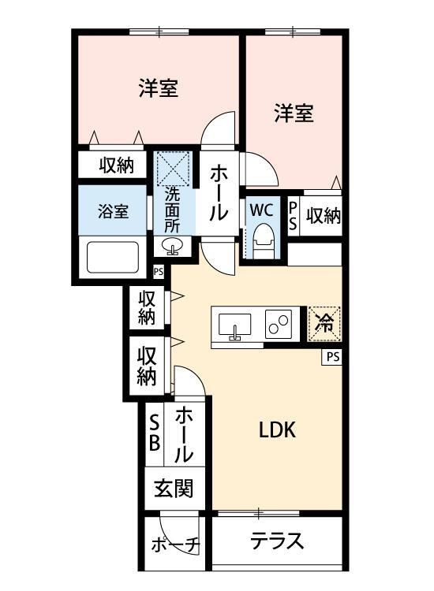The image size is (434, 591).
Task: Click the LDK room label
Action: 277,430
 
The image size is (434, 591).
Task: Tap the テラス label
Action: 277,541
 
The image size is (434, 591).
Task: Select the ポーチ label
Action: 176,545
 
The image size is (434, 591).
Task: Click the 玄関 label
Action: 174,489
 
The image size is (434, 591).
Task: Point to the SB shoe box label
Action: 155,433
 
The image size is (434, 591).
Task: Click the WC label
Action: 261,210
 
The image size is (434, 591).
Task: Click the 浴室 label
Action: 113,211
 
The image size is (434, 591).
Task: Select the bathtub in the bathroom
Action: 112,258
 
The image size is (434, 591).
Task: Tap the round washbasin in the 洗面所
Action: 174,247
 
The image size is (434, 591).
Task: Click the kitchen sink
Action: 234,325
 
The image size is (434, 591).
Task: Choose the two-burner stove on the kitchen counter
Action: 279,324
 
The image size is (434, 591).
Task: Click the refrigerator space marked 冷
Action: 324,322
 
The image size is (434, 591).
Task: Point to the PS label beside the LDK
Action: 333,357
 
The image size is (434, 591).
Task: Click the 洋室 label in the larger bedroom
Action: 159,88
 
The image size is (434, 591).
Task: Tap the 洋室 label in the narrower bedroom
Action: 294,113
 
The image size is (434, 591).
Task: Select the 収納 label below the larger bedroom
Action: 116,165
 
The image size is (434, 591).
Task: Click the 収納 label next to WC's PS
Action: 324,214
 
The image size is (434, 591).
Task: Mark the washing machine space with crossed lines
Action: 174,166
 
